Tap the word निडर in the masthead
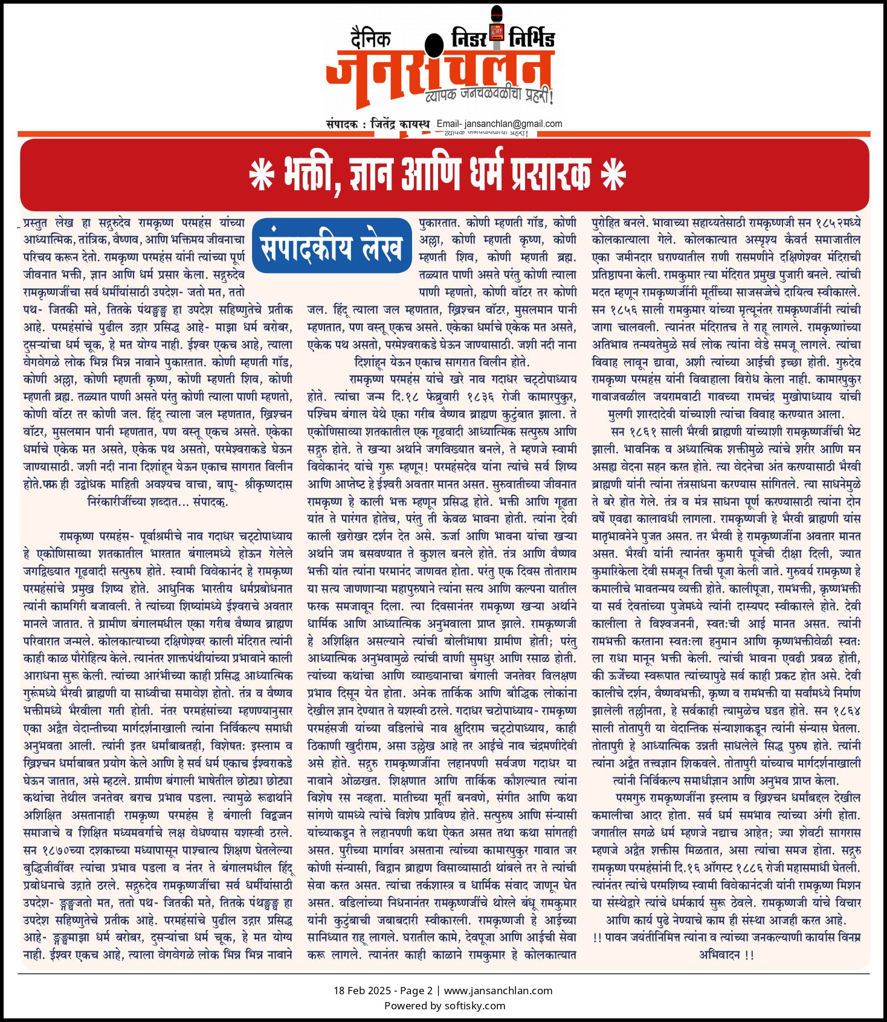click(x=469, y=38)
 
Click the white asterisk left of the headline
click(x=262, y=175)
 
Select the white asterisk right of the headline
click(x=613, y=175)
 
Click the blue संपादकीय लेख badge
click(x=331, y=246)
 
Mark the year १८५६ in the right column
click(x=622, y=310)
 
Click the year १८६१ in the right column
click(x=642, y=432)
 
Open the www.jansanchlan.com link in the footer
click(x=498, y=991)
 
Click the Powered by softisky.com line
click(x=444, y=1006)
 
